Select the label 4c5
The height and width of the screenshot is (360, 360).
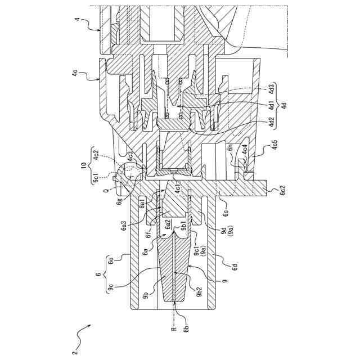(275, 145)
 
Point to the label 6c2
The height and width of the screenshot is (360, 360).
(283, 190)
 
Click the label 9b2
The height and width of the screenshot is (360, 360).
(200, 291)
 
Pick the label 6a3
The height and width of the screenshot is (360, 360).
(124, 226)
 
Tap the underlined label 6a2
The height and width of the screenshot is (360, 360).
(168, 224)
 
